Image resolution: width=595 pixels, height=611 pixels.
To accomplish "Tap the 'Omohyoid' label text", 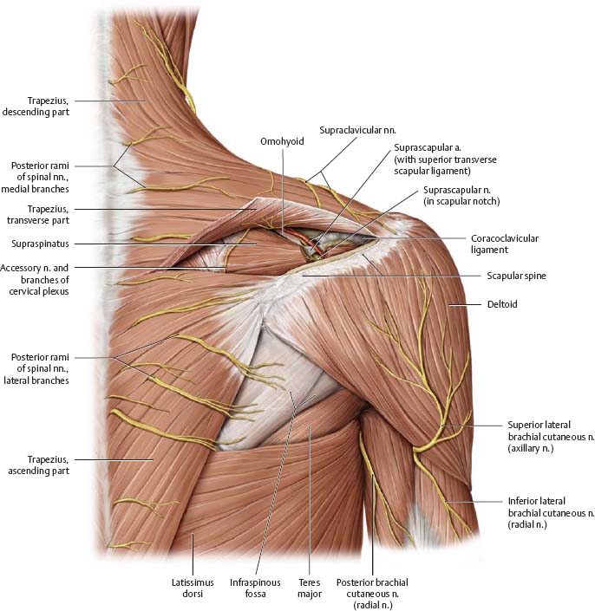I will pos(282,140).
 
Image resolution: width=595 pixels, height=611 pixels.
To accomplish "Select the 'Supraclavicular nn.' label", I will pos(350,129).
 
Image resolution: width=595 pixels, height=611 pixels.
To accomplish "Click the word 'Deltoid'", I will pos(501,304).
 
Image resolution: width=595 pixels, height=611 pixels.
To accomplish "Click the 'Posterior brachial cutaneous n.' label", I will pos(375,593).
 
